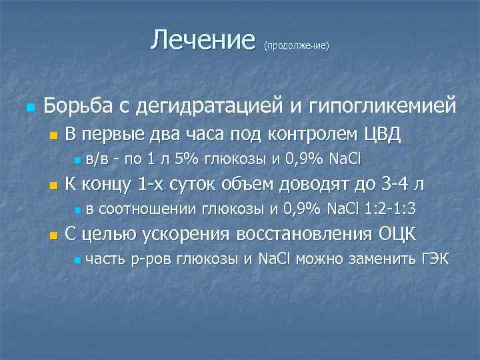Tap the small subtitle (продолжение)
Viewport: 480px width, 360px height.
click(x=296, y=46)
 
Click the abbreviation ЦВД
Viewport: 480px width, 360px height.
click(x=382, y=135)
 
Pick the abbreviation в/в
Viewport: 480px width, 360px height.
click(x=100, y=159)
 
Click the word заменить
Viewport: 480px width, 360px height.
click(x=375, y=259)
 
